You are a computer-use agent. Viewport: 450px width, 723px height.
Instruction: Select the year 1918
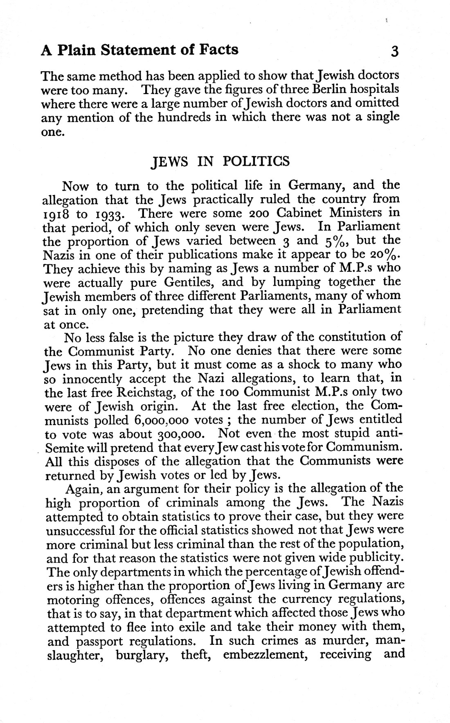click(57, 214)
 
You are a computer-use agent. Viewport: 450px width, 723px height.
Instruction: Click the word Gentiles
click(191, 282)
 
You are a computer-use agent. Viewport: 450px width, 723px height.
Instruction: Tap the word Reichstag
click(143, 392)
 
